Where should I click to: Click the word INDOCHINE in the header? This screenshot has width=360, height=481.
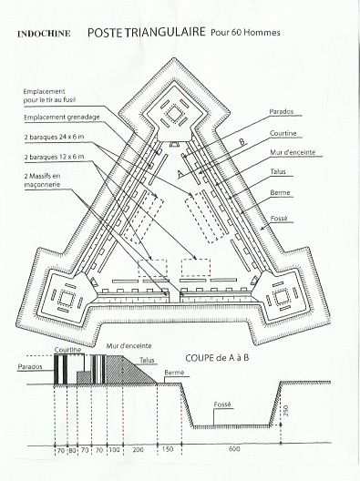coord(44,34)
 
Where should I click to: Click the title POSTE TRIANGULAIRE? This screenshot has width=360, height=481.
coord(147,32)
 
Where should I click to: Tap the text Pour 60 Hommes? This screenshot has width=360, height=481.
coord(245,33)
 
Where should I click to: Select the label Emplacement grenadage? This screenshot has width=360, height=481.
coord(62,118)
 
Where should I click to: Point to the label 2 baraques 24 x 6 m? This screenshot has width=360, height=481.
coord(54,138)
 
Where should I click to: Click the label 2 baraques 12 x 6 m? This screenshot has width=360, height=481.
coord(54,157)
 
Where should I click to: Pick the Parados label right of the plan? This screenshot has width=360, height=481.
coord(282,112)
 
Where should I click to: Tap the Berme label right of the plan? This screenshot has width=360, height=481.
coord(280,192)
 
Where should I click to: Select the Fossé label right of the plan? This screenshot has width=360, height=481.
coord(279,219)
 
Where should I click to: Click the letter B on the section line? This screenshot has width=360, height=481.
coord(242,142)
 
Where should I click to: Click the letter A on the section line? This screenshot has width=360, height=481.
coord(181,174)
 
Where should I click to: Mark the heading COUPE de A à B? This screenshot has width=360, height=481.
coord(217,358)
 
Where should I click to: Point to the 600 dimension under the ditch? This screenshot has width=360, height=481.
coord(234,449)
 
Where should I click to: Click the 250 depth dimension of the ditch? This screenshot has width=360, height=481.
coord(285,411)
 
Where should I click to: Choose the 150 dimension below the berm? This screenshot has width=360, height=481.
coord(168,449)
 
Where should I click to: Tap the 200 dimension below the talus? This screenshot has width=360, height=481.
coord(139,449)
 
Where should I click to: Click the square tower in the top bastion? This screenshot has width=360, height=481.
coord(174,114)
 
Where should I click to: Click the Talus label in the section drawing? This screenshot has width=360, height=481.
coord(147,360)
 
